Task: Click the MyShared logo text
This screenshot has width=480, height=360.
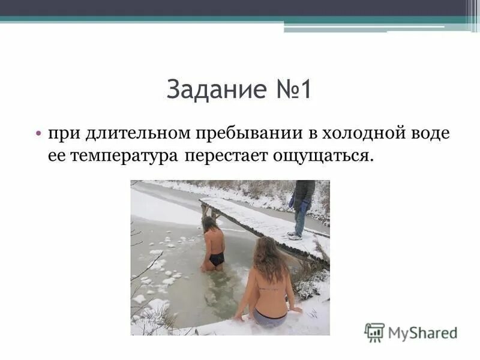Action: click(422, 332)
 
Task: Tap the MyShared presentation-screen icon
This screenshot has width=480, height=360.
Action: click(374, 332)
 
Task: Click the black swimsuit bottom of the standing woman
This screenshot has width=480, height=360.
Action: click(217, 259)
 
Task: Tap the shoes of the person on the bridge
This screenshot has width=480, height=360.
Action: click(295, 235)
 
